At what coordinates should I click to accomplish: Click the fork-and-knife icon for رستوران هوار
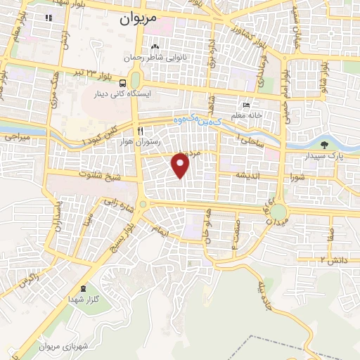141,131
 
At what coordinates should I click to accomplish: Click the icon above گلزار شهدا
84,288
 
